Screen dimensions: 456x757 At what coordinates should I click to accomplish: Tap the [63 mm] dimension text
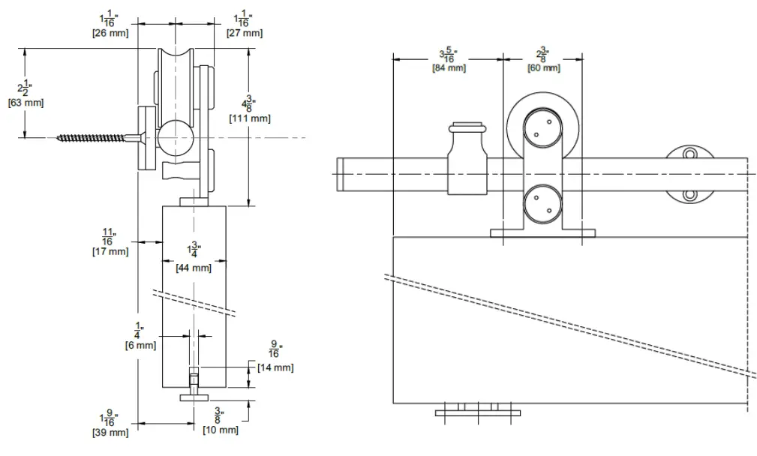coord(26,103)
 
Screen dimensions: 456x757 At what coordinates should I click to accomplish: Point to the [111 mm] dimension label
coord(250,118)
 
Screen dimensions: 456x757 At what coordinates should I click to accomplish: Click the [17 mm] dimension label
coord(110,251)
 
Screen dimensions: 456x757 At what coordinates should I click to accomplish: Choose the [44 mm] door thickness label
coord(194,267)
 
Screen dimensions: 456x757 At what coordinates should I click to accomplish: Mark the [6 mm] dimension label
coord(140,345)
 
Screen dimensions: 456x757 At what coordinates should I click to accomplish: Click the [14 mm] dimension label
coord(275,367)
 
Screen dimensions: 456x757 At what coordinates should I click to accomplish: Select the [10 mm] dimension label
coord(221,430)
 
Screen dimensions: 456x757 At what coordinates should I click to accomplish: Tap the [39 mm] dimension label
coord(110,433)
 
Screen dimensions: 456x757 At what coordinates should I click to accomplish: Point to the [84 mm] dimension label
coord(449,68)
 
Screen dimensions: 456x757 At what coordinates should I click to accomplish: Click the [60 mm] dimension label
coord(543,68)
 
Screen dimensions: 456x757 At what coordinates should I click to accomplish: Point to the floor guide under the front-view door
coord(478,409)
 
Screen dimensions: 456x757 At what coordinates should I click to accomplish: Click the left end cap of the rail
coord(340,174)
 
